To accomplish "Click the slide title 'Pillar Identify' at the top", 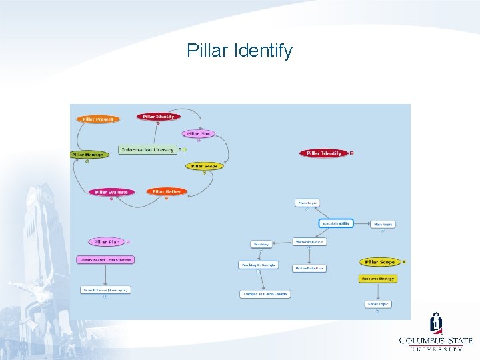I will (239, 51).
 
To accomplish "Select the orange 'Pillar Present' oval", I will (98, 119).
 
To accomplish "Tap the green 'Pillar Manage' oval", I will (87, 155).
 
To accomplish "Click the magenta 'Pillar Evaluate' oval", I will (111, 192).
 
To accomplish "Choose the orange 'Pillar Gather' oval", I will (167, 191).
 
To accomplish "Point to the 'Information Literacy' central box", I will (147, 149).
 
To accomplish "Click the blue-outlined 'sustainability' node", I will (336, 223).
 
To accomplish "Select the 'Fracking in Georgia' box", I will (258, 265).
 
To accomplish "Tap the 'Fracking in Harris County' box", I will (265, 294).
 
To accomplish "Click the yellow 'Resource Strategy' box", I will (378, 278).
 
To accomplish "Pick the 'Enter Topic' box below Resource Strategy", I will (378, 304).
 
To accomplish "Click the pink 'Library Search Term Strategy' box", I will (105, 259).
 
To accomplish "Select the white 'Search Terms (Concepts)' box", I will (105, 290).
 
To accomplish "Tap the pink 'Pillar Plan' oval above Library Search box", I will (107, 242).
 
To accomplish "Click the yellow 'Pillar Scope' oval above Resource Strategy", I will (380, 262).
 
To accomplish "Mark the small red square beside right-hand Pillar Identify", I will (351, 153).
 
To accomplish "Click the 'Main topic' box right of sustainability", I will (383, 225).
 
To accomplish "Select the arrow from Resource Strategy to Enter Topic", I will (378, 291).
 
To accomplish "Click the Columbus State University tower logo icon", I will (436, 323).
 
